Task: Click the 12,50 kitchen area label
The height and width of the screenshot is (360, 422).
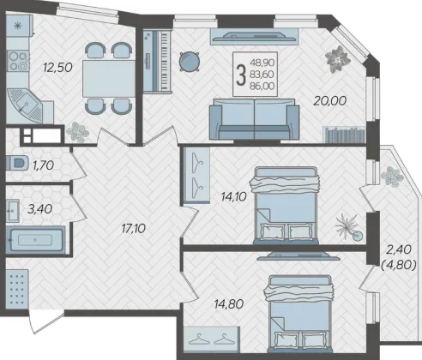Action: tap(57, 68)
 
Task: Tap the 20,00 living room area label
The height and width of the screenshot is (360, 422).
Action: tap(330, 100)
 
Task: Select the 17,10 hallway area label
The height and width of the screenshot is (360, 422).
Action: tap(133, 228)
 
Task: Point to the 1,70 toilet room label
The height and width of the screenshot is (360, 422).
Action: tap(43, 165)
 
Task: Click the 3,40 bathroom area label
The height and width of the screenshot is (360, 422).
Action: tap(39, 209)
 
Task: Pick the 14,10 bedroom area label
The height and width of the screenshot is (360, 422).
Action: tap(233, 196)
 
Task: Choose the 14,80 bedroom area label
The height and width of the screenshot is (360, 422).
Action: tap(229, 304)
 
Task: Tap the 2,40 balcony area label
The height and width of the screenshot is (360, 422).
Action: tap(399, 249)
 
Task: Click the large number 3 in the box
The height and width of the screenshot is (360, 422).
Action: tap(241, 75)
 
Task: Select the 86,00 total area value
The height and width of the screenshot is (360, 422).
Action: tap(262, 86)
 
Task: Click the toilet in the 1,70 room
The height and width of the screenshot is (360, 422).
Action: tap(17, 163)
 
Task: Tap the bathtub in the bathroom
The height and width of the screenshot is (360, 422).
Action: tap(35, 240)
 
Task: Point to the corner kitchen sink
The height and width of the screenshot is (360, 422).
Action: tap(25, 105)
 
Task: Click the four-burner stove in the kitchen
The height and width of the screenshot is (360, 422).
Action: tap(18, 61)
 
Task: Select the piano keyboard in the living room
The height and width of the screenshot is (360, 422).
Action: tap(157, 61)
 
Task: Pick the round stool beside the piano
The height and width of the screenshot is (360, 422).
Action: tap(190, 61)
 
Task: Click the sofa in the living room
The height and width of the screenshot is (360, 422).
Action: tap(254, 119)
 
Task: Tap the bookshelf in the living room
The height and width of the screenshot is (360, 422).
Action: tap(345, 135)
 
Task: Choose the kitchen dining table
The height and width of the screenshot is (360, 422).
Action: tap(109, 79)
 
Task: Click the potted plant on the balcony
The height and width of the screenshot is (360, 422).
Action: tap(392, 176)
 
